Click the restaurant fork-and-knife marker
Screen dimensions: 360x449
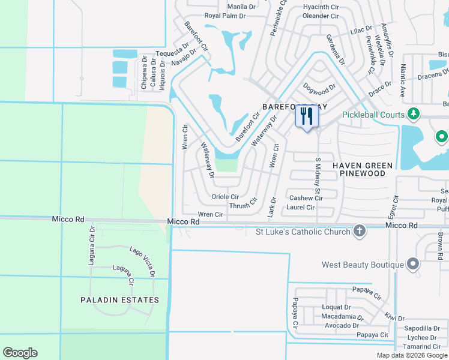306,116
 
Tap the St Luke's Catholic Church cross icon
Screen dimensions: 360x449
359,232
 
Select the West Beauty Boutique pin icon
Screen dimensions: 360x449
412,264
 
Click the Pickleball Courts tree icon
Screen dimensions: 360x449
412,113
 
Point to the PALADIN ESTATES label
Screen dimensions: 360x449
120,300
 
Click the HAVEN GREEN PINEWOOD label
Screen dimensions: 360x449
363,169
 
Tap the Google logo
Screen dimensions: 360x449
20,353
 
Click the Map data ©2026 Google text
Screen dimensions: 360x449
412,355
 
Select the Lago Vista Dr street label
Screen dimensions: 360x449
143,260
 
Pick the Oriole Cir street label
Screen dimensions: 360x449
226,197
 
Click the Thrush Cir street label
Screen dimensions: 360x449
243,206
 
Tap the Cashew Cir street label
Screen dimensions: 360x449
306,198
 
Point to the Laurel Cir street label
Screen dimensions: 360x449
301,208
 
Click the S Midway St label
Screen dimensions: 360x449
318,173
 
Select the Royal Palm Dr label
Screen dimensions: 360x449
225,16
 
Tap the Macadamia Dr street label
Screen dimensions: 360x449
343,317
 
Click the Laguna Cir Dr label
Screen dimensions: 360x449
92,245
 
